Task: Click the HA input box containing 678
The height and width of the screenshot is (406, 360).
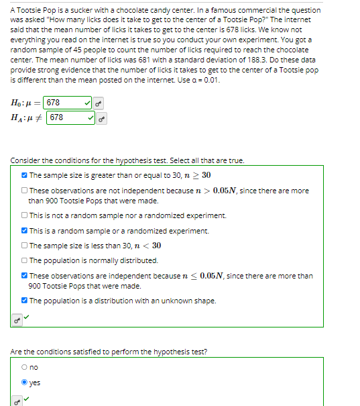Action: click(x=67, y=117)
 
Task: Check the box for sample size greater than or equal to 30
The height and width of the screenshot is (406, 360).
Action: click(x=24, y=175)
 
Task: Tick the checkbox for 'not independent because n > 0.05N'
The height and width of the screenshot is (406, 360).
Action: click(x=24, y=191)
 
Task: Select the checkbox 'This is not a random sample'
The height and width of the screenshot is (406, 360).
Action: click(x=24, y=215)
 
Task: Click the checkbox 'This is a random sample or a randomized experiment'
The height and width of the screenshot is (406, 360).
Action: click(x=24, y=230)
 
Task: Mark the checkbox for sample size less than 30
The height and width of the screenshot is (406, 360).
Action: click(x=24, y=245)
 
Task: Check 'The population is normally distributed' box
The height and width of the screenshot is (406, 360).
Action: click(x=24, y=260)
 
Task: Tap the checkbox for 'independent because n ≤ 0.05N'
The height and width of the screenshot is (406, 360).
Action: click(x=24, y=275)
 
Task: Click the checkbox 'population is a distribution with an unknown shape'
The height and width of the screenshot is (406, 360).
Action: click(x=24, y=300)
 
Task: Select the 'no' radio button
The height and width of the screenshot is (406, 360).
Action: click(x=25, y=368)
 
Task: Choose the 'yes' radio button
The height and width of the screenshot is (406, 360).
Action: click(x=25, y=383)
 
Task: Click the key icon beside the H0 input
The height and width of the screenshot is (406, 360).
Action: click(x=99, y=103)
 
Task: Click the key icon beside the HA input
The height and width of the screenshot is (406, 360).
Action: click(x=102, y=118)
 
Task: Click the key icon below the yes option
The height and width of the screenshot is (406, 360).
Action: click(x=16, y=401)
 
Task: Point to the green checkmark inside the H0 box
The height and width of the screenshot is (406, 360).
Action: click(x=87, y=103)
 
